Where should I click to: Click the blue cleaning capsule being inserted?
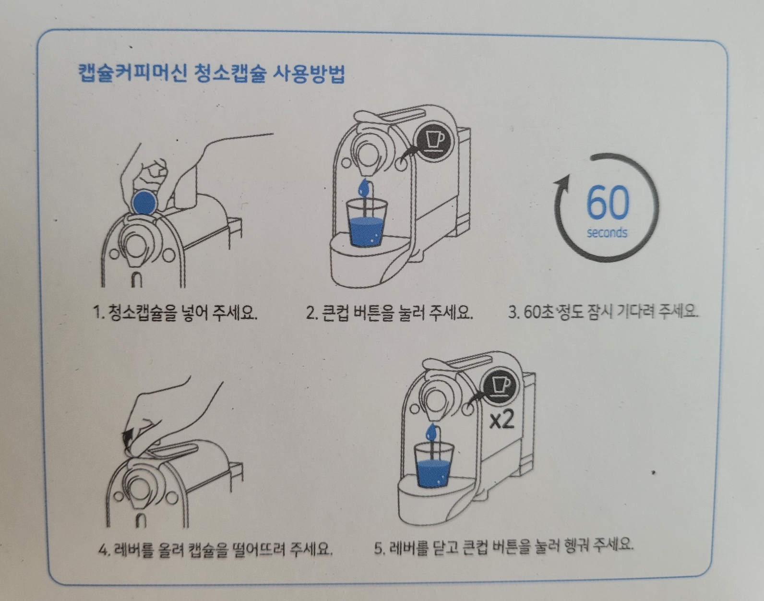coord(144,202)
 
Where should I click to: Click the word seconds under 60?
coord(607,233)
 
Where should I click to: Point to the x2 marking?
coord(501,420)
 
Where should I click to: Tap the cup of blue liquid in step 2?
coord(366,222)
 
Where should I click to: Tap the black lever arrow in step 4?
coord(128,439)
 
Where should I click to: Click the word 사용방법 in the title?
coord(308,74)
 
